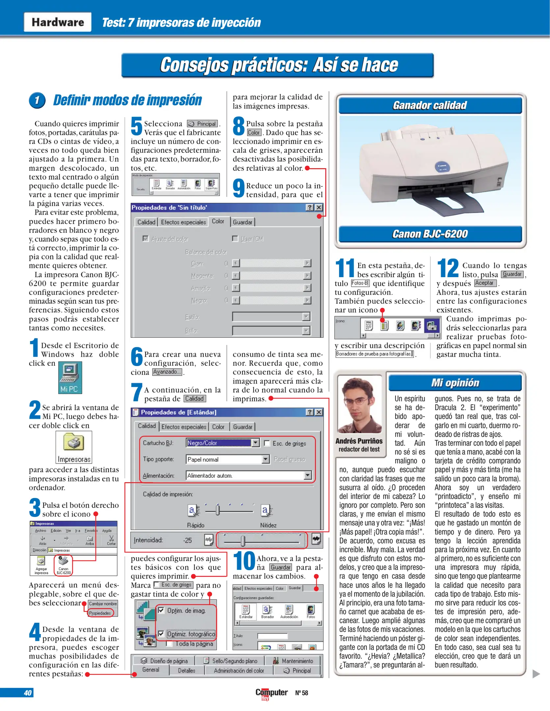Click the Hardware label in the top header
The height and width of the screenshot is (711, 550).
58,22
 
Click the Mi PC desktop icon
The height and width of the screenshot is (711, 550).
70,377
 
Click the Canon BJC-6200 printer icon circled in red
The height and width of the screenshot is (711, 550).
63,565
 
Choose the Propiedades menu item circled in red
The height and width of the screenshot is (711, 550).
100,613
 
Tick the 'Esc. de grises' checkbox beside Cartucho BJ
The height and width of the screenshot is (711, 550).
267,443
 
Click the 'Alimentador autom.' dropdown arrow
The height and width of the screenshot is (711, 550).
307,475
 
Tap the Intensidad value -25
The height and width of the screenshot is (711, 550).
188,540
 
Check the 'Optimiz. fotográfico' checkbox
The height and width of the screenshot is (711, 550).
161,634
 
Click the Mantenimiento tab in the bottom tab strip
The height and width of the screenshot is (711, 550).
297,661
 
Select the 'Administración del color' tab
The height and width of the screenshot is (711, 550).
239,671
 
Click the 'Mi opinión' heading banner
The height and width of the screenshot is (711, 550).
455,382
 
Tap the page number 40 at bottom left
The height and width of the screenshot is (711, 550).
28,693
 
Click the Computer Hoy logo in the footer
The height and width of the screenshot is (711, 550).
271,693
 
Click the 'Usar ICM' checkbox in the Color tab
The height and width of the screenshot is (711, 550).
235,239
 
